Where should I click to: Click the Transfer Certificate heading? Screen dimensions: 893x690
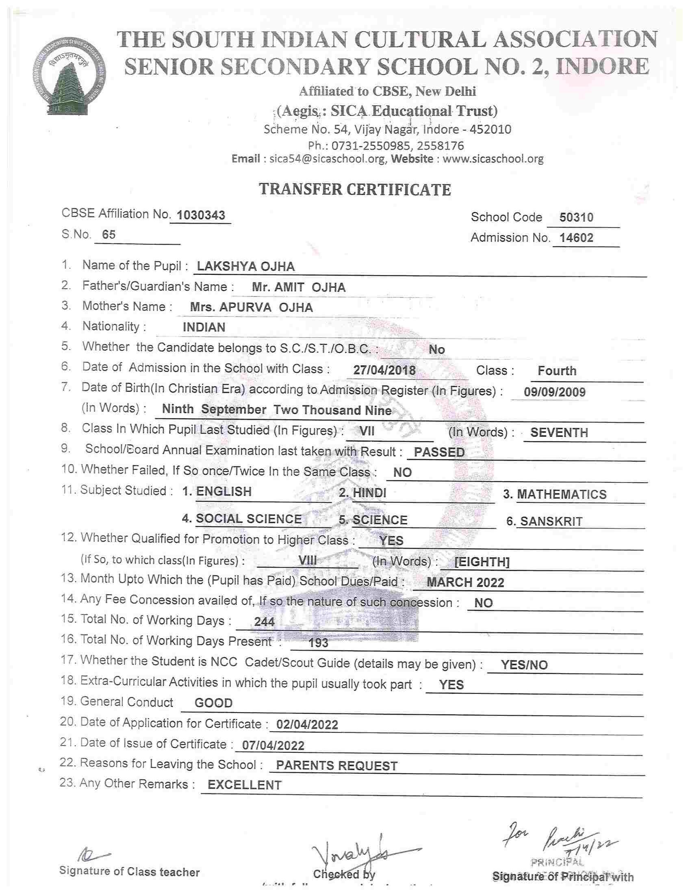pos(355,190)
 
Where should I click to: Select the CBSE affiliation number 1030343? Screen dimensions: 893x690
pos(201,215)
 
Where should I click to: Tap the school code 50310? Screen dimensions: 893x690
pos(576,217)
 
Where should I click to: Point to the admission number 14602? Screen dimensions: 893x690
pos(576,237)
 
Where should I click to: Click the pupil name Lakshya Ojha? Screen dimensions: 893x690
pos(246,267)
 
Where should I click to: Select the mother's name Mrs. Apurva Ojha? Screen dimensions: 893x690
pos(252,307)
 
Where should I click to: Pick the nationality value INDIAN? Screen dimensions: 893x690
pos(204,328)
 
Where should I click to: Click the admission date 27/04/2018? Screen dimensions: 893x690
pos(384,370)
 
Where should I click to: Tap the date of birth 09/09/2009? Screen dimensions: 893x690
pos(555,392)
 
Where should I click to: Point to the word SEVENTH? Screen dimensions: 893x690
pos(559,432)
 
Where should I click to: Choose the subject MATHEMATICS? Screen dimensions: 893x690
pos(562,494)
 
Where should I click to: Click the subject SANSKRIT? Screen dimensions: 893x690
pos(551,521)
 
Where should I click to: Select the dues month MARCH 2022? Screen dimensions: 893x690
pos(465,582)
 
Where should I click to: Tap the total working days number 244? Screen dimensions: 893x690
pos(264,622)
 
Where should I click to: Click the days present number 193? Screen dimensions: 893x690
pos(319,643)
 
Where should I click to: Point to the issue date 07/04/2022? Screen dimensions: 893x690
pos(273,745)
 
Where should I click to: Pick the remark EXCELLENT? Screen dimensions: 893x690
pos(245,785)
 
